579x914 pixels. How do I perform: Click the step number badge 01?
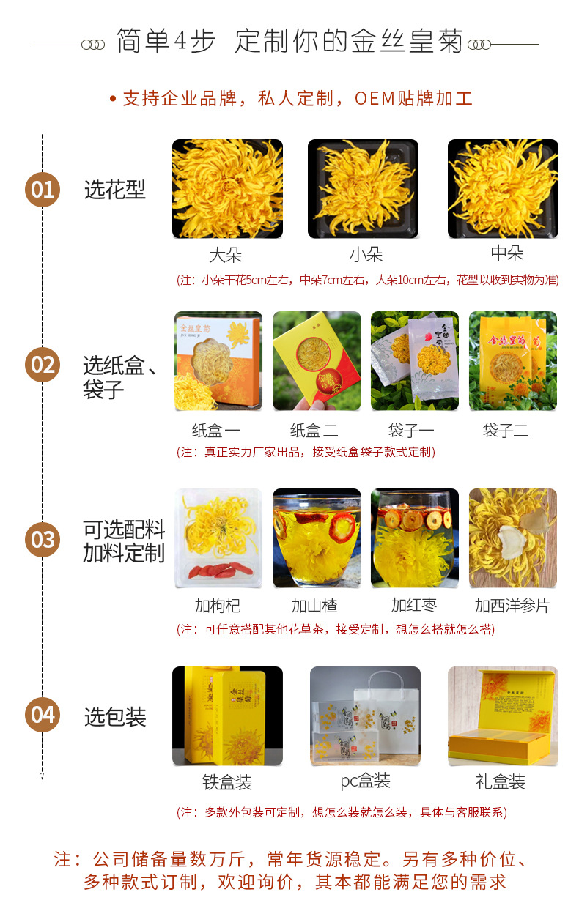(43, 190)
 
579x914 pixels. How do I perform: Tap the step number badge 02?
(43, 365)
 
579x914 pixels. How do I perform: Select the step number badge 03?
(43, 540)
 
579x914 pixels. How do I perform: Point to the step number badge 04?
(43, 715)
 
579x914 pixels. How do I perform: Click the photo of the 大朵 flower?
(227, 188)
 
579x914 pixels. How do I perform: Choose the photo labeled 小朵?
(363, 188)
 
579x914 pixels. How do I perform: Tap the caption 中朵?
(506, 253)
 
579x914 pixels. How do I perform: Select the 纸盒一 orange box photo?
(218, 361)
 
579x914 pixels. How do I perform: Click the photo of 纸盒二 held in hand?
(317, 361)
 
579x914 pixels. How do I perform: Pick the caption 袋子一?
(411, 430)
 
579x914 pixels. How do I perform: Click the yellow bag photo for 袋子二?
(513, 361)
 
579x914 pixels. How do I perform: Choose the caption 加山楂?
(314, 606)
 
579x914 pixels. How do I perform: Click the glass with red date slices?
(415, 538)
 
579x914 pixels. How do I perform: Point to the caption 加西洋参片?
(512, 606)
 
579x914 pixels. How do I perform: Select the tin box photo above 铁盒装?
(227, 716)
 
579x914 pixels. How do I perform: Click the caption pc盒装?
(366, 781)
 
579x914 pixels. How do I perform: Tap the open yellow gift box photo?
(503, 716)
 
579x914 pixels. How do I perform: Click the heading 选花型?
(115, 190)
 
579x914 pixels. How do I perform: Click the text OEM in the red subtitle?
(375, 99)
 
